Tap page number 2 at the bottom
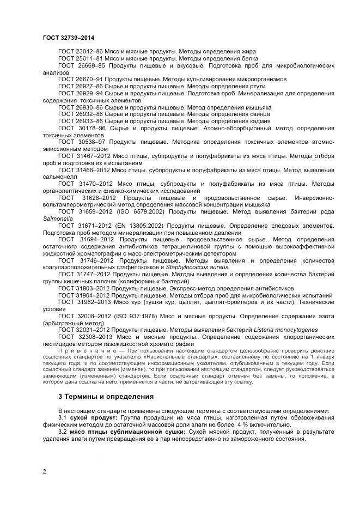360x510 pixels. point(44,472)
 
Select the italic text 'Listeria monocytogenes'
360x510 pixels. point(285,330)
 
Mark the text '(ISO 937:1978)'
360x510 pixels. point(142,315)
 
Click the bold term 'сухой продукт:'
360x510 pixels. point(89,417)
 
